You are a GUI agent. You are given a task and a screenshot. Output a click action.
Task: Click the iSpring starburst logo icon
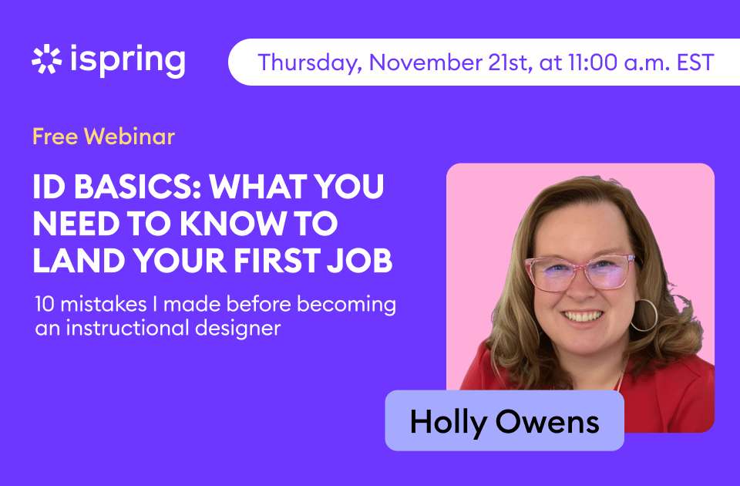point(47,59)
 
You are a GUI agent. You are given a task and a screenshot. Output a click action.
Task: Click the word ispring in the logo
point(127,60)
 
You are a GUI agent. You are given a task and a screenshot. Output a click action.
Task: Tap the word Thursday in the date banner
point(310,62)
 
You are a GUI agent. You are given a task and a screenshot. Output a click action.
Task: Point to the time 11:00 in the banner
point(592,62)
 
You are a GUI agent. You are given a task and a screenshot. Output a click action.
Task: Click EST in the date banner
point(695,62)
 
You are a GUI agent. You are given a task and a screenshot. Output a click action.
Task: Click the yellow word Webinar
point(129,137)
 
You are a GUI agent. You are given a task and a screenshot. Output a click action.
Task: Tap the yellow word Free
point(55,137)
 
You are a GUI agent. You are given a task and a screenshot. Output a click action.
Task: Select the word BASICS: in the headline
point(138,187)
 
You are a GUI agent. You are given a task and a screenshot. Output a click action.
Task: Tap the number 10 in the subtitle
point(45,304)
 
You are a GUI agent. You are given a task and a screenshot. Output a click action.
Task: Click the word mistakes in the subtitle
point(104,304)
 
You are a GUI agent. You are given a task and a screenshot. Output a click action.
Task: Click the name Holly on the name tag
point(449,422)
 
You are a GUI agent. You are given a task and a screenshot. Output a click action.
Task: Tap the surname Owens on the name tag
point(547,421)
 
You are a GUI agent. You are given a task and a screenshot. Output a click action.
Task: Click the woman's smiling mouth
point(584,316)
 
